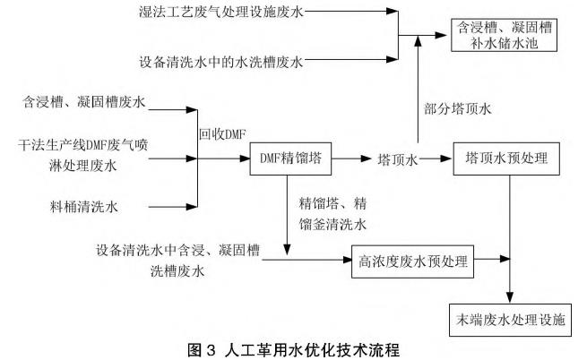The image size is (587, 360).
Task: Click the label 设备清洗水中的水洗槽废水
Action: pyautogui.click(x=221, y=62)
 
